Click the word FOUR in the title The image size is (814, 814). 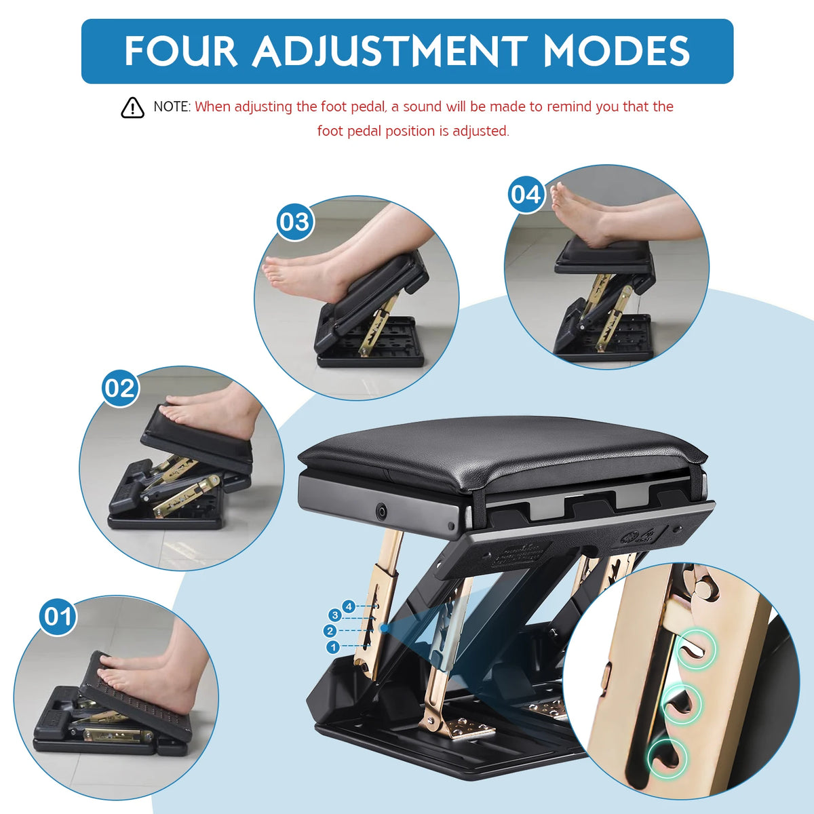point(180,51)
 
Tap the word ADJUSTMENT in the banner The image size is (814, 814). point(390,51)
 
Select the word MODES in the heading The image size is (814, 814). point(617,51)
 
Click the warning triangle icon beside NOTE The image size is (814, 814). point(132,108)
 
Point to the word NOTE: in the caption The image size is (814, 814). point(172,107)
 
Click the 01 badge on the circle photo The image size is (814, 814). point(58,617)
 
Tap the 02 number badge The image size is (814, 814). point(120,388)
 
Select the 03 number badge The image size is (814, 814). point(295,222)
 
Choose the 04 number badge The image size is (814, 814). point(526,195)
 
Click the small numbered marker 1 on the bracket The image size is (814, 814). point(333,646)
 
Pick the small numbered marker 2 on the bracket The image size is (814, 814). point(330,631)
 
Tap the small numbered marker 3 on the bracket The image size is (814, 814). point(335,615)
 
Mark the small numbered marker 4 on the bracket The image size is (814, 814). point(349,607)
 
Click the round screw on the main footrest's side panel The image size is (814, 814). point(382,510)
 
